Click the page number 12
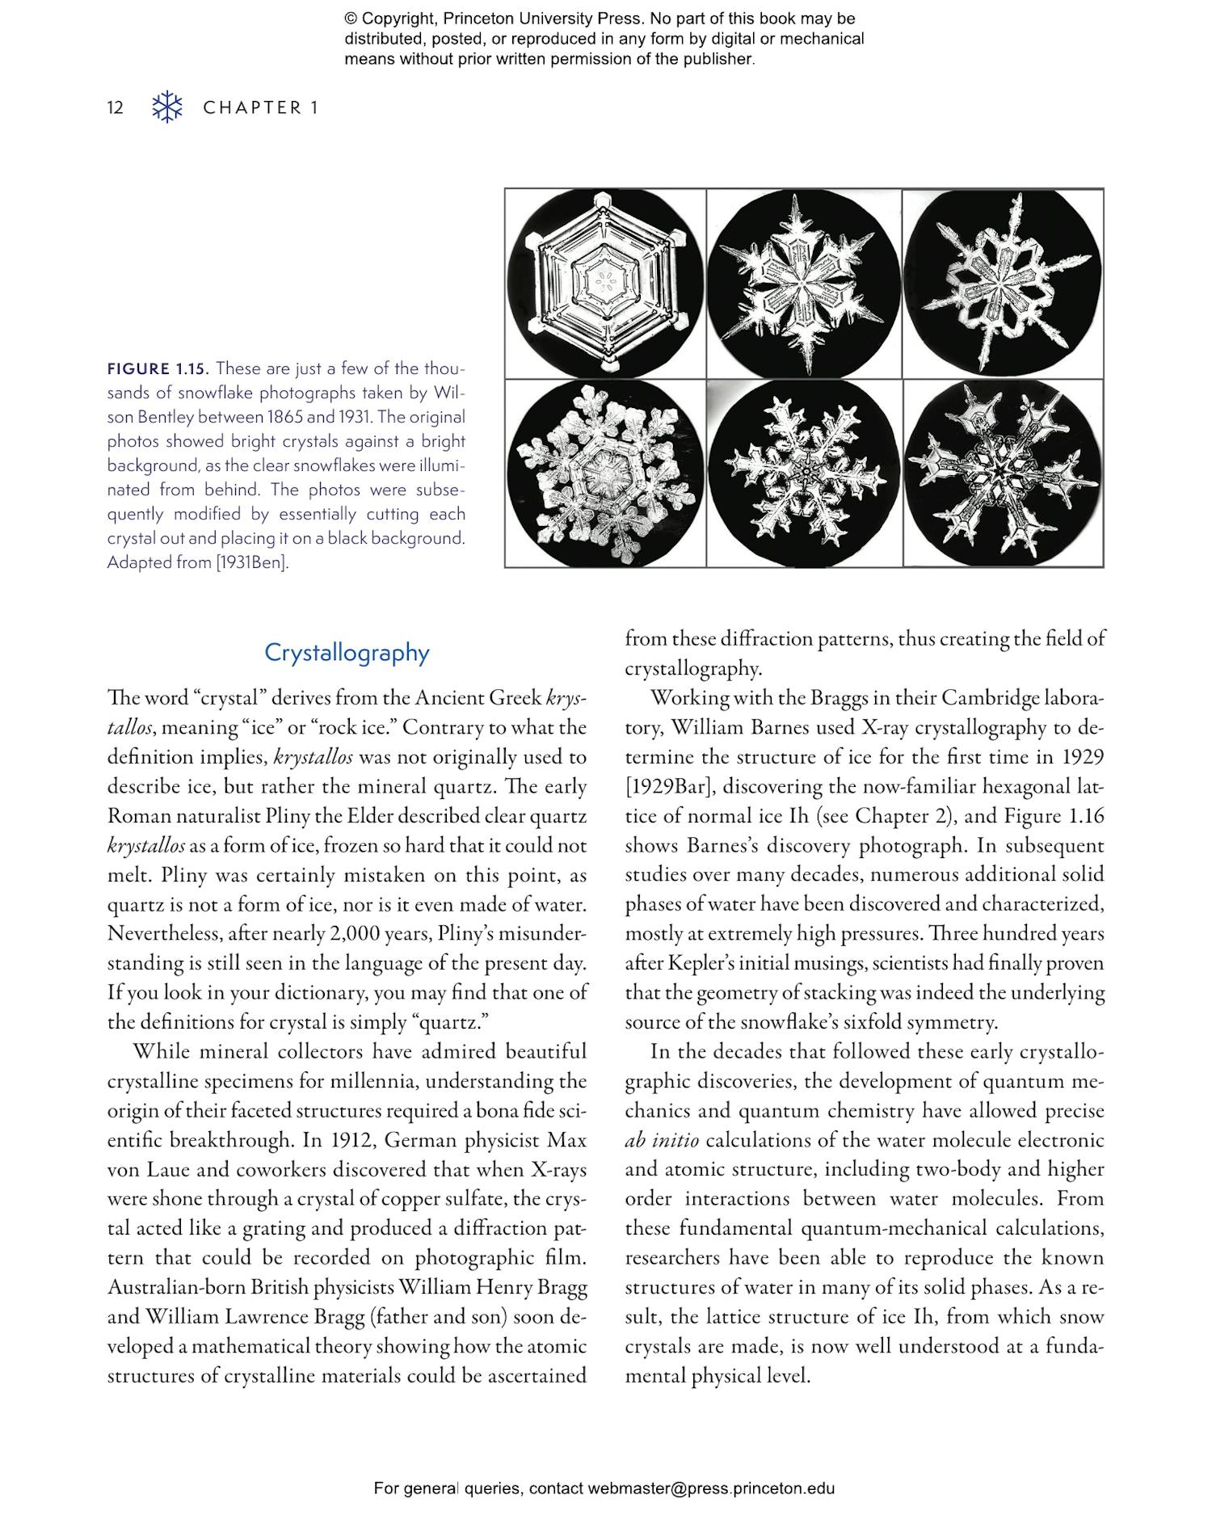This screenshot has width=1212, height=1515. pos(116,107)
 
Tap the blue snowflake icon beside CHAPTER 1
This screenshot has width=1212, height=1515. pos(167,107)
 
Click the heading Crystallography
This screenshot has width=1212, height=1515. pos(347,652)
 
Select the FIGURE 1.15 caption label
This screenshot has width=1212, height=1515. pos(158,369)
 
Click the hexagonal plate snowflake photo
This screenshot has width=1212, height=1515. pos(605,284)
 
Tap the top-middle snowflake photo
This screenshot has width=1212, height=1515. pos(804,284)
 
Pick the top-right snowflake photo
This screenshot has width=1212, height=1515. pos(1002,284)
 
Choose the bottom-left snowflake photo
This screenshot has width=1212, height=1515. pos(605,473)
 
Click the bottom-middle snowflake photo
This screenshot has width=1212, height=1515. pos(804,473)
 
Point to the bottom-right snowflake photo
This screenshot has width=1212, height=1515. pos(1002,473)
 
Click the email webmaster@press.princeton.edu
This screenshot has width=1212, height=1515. pos(711,1488)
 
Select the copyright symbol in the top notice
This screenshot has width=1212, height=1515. pos(351,19)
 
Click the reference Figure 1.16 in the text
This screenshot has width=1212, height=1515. pos(1054,816)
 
